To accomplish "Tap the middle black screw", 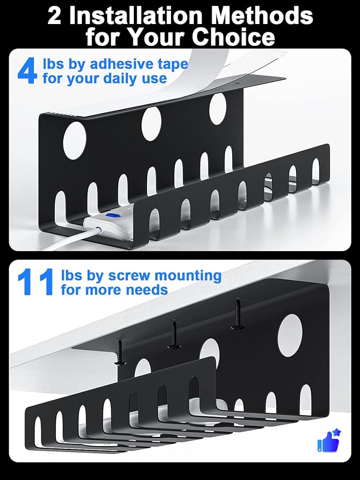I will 174,334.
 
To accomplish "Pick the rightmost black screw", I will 238,314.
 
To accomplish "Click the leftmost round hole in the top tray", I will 74,140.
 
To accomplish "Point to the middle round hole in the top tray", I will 151,123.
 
